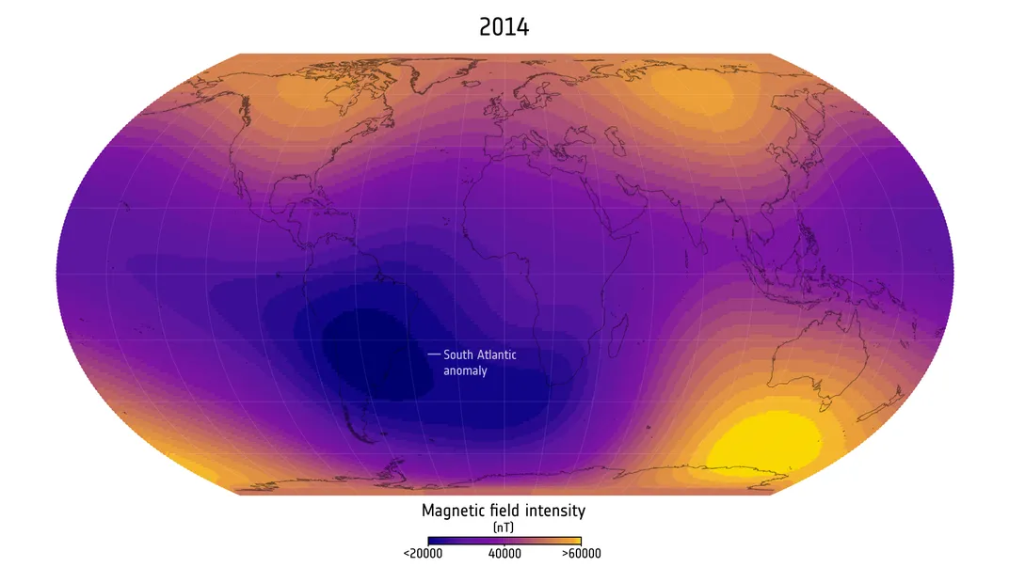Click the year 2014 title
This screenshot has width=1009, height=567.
tap(504, 27)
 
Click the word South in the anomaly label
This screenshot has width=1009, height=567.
tap(460, 355)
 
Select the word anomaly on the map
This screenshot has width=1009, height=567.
tap(465, 371)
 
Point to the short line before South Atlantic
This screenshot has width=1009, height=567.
tap(434, 354)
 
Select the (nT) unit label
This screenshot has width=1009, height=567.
tap(504, 528)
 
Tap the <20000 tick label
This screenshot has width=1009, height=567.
tap(423, 554)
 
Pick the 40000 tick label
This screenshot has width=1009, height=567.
tap(504, 554)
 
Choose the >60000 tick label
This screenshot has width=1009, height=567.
tap(582, 554)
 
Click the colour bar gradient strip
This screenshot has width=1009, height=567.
tap(504, 541)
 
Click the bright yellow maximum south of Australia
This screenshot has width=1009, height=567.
tap(762, 442)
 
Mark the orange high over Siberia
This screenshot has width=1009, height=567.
tap(692, 89)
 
